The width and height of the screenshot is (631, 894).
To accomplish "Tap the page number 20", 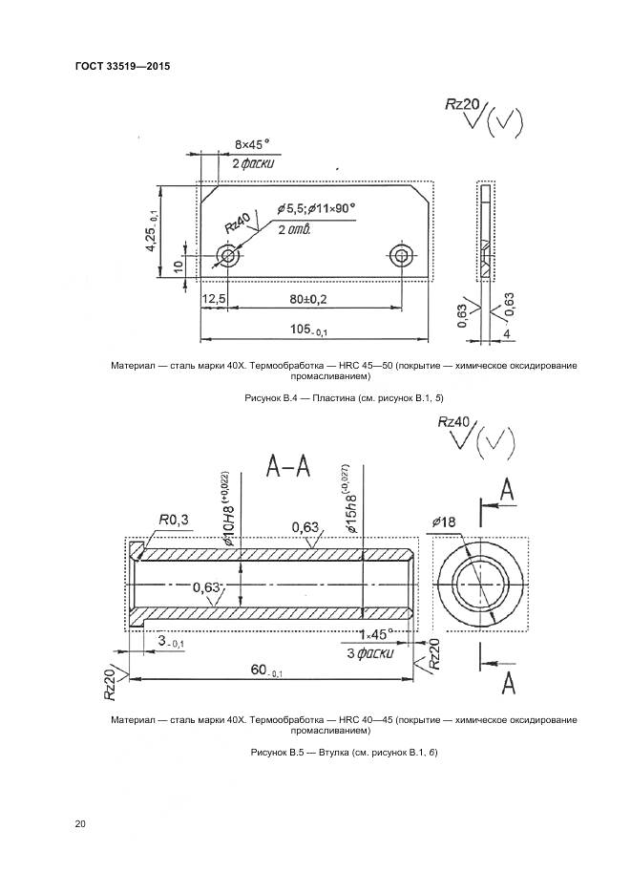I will click(x=80, y=823).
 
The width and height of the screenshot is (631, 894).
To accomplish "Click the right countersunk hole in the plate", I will click(x=401, y=254).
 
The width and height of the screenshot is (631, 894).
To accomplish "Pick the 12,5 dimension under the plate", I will click(x=214, y=299).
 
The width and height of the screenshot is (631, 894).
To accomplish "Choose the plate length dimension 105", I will click(x=308, y=330).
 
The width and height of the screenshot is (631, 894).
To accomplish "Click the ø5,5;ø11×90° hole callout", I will click(x=316, y=208).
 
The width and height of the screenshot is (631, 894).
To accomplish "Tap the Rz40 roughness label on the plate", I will click(x=237, y=224).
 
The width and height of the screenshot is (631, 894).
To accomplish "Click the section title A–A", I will click(x=288, y=466).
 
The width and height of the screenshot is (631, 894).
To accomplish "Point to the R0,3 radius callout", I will click(x=174, y=519).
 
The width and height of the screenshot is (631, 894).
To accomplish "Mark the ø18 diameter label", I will click(x=445, y=521).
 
